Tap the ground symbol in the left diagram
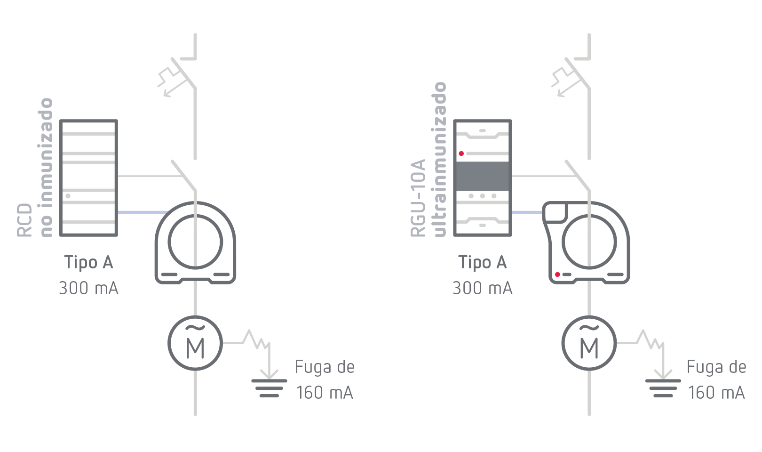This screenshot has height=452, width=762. [269, 387]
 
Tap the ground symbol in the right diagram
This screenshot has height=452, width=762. [663, 387]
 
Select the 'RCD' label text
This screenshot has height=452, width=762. [24, 220]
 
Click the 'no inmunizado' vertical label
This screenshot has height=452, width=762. [46, 167]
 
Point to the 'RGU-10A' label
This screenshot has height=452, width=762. [418, 198]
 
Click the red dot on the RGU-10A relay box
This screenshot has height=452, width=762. [461, 153]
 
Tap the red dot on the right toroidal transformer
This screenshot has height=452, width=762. [557, 274]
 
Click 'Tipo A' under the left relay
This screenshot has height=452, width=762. [88, 262]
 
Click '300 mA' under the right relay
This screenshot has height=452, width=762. [483, 288]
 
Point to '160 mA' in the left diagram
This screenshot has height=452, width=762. [325, 392]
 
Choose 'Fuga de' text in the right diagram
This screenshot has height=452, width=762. [716, 367]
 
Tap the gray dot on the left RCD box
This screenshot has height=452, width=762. [68, 195]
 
